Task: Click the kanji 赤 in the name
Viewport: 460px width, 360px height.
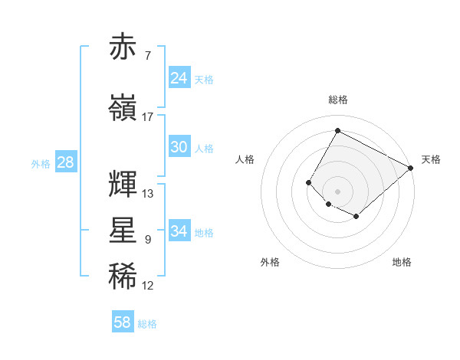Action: coord(123,47)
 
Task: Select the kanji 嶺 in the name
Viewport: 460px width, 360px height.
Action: coord(123,108)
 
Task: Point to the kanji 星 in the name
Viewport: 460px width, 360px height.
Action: coord(123,231)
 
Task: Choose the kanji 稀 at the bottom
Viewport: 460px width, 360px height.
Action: coord(123,277)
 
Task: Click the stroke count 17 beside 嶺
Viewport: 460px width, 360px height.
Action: coord(148,117)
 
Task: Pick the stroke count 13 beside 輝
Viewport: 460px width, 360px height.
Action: coord(148,194)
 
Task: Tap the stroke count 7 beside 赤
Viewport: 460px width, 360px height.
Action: coord(148,56)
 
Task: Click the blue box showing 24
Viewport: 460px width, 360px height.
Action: coord(179,77)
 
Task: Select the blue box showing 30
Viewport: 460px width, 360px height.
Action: coord(179,147)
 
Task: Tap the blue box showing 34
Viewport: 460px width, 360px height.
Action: coord(179,231)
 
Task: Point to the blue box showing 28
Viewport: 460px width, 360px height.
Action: coord(65,162)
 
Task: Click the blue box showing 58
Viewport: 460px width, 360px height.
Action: coord(123,322)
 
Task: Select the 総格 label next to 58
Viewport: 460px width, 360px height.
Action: coord(147,324)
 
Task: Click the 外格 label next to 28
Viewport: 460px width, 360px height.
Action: coord(40,163)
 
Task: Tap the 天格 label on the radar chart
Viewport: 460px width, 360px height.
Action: coord(431,159)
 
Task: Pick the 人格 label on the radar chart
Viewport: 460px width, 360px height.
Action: coord(245,159)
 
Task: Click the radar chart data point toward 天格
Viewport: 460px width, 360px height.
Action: coord(410,168)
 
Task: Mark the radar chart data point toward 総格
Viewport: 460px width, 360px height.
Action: coord(337,130)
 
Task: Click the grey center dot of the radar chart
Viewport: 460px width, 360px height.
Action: coord(337,191)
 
